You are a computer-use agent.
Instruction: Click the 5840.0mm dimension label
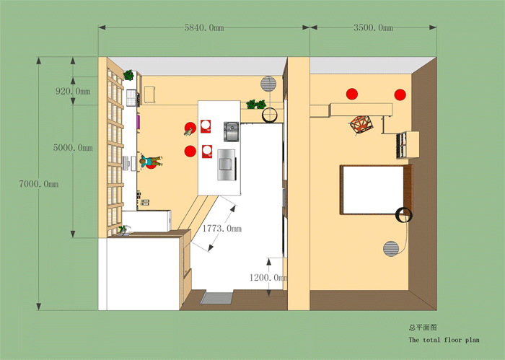pos(204,27)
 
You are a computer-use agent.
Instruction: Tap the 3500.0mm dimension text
pos(373,27)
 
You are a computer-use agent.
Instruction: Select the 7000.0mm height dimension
pos(39,184)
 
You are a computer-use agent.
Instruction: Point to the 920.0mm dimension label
pos(73,91)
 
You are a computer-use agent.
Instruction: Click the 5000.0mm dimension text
pos(73,148)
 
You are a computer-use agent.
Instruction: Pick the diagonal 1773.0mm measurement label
pos(222,229)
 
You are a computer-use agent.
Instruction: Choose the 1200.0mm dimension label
pos(268,277)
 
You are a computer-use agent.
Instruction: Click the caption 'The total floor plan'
pos(444,340)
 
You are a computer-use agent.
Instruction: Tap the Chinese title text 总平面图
pos(423,328)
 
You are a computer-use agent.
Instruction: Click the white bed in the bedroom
pos(373,190)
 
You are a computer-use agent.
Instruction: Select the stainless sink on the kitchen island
pos(232,132)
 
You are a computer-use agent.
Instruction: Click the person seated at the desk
pos(151,162)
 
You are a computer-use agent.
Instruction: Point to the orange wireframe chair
pos(361,125)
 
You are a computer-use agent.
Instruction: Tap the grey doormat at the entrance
pos(216,298)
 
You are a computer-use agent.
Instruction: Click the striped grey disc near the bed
pos(391,249)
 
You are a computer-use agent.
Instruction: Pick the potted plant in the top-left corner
pos(128,75)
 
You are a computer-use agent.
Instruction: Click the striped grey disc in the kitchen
pos(268,84)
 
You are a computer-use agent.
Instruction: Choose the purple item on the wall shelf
pos(139,122)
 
